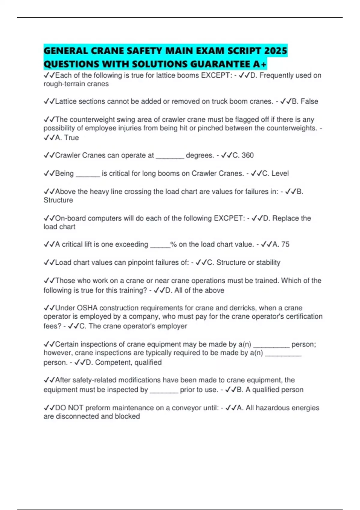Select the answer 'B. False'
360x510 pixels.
[x=305, y=101]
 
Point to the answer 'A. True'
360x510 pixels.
[x=67, y=138]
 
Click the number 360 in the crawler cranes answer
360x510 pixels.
[x=247, y=155]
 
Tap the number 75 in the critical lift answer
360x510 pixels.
[x=285, y=244]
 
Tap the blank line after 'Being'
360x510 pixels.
[x=88, y=175]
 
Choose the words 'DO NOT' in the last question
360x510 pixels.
[x=69, y=408]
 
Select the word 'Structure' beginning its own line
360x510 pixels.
[x=58, y=200]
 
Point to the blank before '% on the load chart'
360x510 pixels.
[x=160, y=246]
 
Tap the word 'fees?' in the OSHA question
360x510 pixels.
[x=52, y=326]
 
